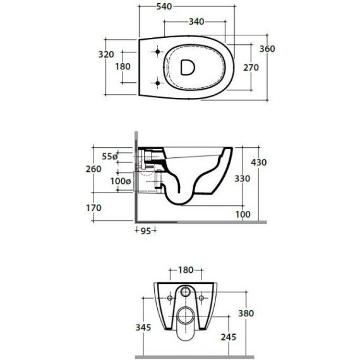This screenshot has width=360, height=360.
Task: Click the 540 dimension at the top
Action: point(164,6)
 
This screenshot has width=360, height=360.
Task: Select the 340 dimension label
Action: point(196,21)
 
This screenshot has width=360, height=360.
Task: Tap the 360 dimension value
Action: point(267,49)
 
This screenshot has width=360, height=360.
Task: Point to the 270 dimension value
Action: point(251,68)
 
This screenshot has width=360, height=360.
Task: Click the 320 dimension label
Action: point(106,54)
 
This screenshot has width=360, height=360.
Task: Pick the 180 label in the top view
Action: point(123,66)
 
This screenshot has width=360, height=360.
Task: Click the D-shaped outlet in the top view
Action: point(188,68)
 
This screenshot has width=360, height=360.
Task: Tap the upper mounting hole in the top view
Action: point(157,52)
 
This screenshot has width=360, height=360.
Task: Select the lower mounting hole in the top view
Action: point(157,83)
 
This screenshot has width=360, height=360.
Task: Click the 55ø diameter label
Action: point(110,157)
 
